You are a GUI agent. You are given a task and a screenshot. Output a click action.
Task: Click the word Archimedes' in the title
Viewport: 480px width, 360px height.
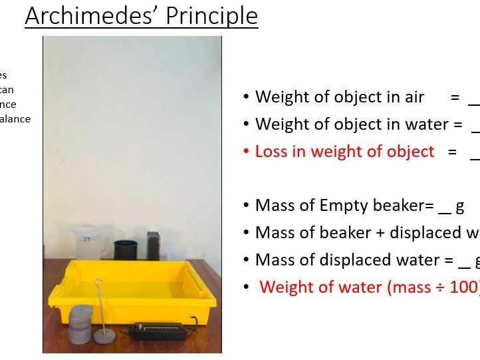pyautogui.click(x=83, y=15)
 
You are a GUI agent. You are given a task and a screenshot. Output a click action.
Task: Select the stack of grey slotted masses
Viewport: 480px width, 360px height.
pyautogui.click(x=81, y=324)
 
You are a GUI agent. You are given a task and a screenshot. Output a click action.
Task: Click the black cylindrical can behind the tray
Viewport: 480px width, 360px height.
pyautogui.click(x=124, y=250)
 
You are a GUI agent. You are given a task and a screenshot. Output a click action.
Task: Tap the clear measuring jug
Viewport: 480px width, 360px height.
pyautogui.click(x=88, y=243)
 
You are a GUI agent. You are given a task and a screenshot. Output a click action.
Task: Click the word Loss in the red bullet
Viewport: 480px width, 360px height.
pyautogui.click(x=272, y=151)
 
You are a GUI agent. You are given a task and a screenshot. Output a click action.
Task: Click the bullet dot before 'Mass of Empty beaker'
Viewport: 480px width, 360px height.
pyautogui.click(x=246, y=206)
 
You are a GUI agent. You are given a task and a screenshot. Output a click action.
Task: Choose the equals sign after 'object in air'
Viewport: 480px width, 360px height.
pyautogui.click(x=455, y=97)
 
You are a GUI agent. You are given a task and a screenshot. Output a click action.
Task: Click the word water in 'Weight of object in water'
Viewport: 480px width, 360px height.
pyautogui.click(x=423, y=124)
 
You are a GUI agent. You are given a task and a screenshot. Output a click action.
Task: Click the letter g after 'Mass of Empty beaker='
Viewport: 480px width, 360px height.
pyautogui.click(x=459, y=206)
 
